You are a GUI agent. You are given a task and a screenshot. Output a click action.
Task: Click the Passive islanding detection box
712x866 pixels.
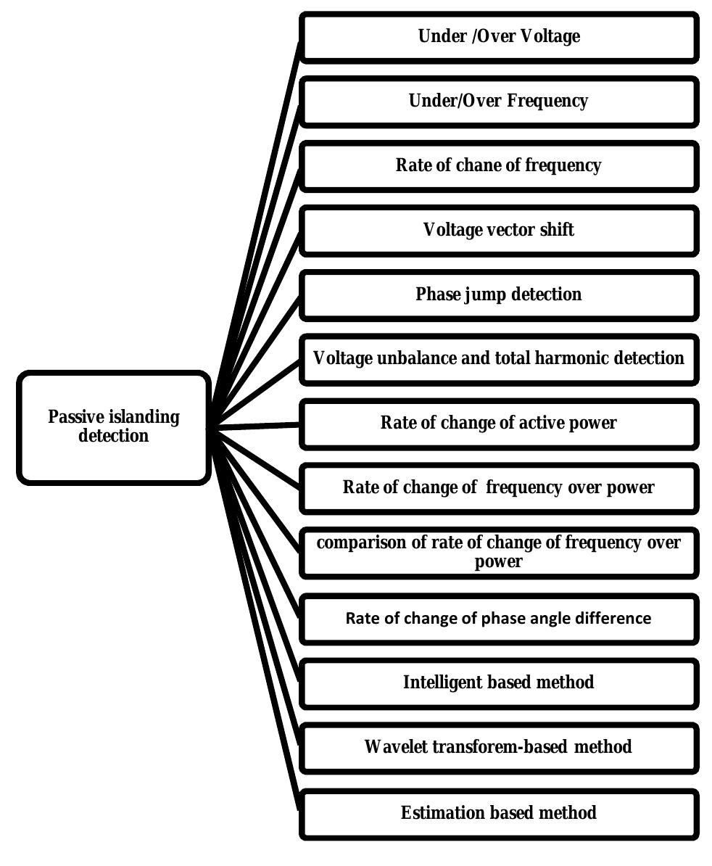click(114, 427)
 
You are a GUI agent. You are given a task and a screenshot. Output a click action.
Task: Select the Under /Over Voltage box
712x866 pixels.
click(499, 36)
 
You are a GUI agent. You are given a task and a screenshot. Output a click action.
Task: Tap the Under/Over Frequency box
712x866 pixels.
click(499, 101)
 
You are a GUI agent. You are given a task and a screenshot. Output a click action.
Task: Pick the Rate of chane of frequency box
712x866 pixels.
click(499, 165)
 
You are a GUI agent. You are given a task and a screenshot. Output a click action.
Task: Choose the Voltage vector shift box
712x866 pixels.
click(499, 231)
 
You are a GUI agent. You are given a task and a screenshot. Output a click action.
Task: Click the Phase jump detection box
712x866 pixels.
click(499, 294)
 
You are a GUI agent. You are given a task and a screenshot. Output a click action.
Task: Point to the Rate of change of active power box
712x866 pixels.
click(499, 423)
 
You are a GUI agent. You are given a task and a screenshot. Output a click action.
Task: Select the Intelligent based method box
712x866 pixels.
click(499, 683)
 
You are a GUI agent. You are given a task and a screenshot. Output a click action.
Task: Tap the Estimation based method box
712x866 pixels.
click(499, 813)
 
